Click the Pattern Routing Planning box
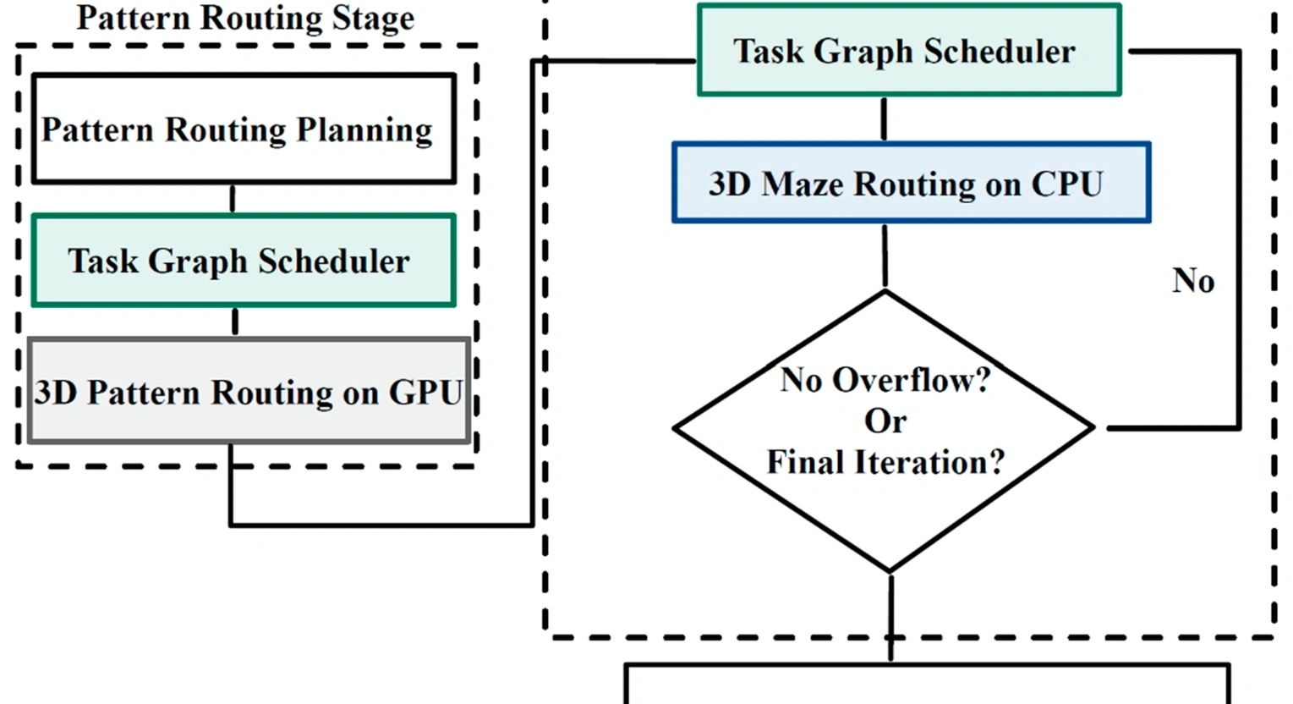(244, 129)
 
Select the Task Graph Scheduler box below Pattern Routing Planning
(244, 261)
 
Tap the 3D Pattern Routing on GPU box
(249, 392)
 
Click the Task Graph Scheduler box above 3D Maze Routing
(909, 51)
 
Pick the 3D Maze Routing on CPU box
(911, 184)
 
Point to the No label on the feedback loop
(1192, 281)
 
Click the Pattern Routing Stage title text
(245, 18)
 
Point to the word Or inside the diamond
(885, 421)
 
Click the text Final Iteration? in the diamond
(885, 462)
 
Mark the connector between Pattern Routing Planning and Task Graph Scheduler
(233, 199)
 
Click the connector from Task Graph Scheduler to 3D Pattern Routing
(234, 322)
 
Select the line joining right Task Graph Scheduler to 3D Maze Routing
(884, 118)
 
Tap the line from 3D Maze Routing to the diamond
(885, 256)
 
